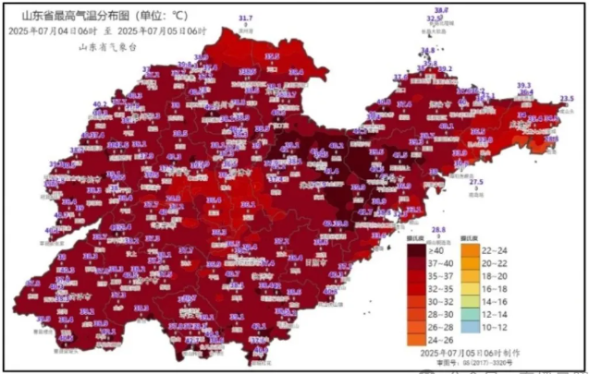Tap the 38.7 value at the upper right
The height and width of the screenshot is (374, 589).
click(441, 9)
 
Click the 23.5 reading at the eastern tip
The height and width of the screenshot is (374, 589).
click(566, 98)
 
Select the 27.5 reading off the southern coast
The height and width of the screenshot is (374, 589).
click(476, 182)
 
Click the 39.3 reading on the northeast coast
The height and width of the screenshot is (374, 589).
click(523, 84)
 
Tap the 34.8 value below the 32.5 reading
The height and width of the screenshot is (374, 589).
click(426, 51)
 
